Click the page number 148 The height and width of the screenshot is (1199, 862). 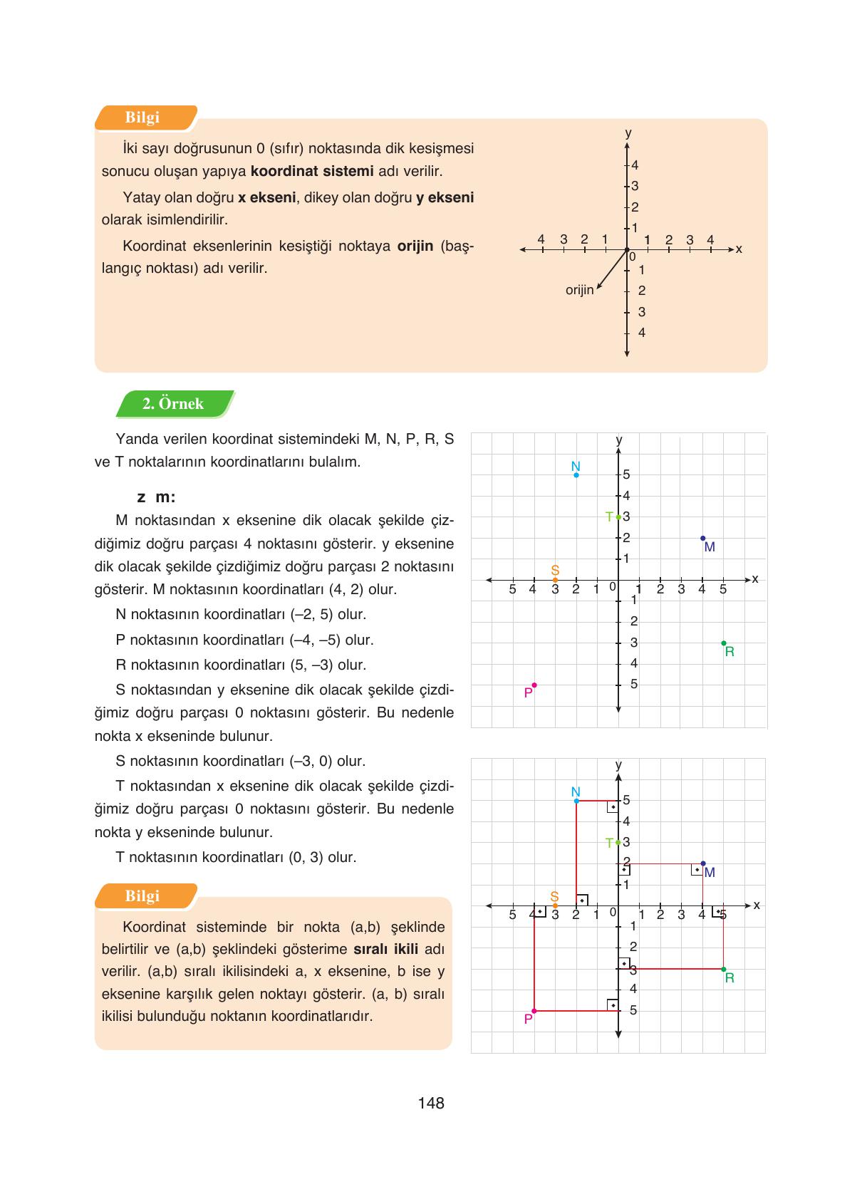(431, 1103)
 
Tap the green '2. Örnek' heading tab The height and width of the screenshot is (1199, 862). (173, 404)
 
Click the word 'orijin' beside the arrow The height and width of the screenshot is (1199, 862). (579, 290)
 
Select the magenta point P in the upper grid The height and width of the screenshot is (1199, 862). (534, 685)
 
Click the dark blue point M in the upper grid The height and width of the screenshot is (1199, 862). (702, 538)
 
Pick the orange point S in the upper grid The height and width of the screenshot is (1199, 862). (555, 580)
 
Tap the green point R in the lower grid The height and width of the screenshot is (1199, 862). (724, 969)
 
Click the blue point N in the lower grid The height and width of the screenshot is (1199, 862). (576, 801)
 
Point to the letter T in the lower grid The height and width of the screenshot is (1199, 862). (609, 843)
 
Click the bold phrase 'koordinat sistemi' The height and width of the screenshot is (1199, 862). (312, 171)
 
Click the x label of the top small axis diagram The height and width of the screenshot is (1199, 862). (739, 249)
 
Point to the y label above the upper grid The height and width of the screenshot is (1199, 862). (618, 440)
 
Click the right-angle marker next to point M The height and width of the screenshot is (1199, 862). (697, 870)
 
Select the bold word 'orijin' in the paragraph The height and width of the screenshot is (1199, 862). (415, 246)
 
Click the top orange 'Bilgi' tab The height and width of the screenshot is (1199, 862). (142, 118)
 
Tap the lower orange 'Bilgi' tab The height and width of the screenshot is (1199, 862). (142, 896)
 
